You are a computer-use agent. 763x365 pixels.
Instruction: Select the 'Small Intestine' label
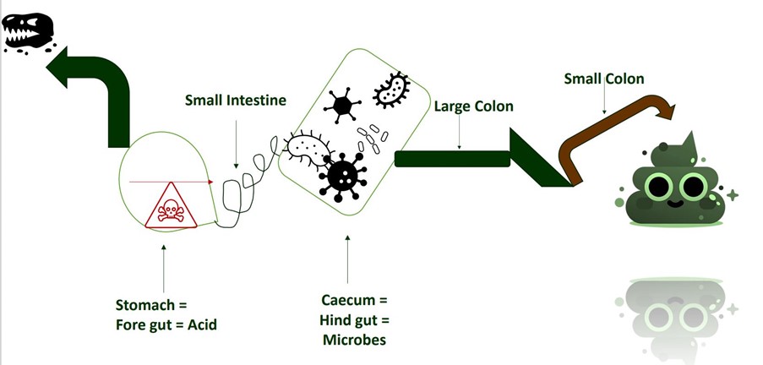click(236, 101)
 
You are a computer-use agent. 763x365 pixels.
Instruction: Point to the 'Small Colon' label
click(604, 79)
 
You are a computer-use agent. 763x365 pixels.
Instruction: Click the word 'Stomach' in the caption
click(144, 304)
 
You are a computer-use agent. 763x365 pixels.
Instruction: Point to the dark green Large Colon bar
click(452, 158)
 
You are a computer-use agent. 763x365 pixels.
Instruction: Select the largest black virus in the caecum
click(342, 176)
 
